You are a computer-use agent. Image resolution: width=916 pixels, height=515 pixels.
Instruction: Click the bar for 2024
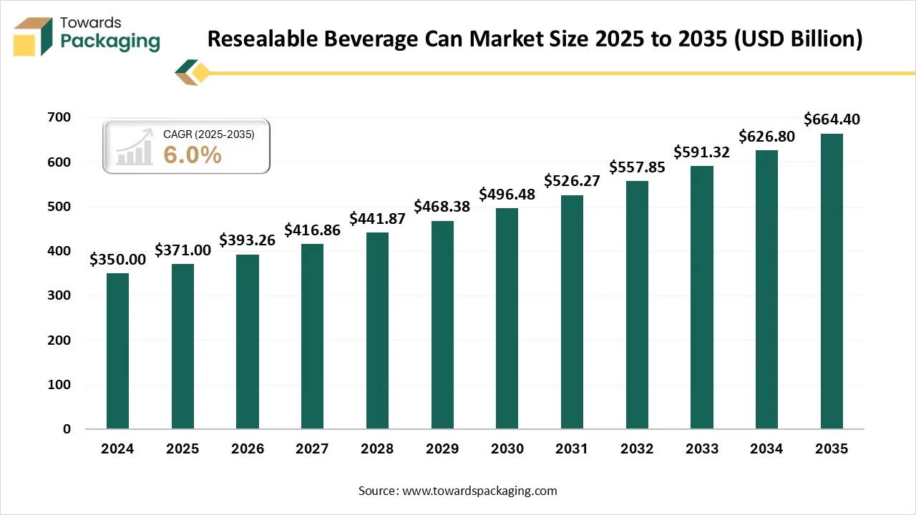click(x=117, y=351)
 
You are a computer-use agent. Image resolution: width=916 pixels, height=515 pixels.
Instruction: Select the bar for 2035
click(x=832, y=281)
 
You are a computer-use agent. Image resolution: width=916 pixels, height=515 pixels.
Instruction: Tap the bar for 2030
click(x=507, y=318)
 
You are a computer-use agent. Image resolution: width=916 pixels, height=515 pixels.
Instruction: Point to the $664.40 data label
click(x=832, y=119)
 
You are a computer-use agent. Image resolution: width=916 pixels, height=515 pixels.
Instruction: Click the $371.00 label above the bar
click(x=182, y=250)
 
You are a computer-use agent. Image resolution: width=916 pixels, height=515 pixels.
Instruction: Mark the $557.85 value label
click(x=637, y=167)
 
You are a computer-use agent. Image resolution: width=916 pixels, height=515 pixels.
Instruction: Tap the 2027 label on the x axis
click(x=312, y=449)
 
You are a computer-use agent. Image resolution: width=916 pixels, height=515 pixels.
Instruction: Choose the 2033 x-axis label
click(x=701, y=449)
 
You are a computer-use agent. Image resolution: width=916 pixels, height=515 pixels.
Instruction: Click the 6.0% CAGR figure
click(x=193, y=154)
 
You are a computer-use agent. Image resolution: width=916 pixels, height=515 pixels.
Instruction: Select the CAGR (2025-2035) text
click(x=208, y=134)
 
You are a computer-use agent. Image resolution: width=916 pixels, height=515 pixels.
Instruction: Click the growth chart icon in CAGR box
click(x=135, y=147)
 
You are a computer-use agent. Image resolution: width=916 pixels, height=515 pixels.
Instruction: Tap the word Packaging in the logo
click(x=110, y=41)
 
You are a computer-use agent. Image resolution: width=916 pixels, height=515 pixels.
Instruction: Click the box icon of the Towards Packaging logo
click(x=33, y=36)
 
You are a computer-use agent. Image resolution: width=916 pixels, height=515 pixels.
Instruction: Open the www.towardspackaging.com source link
click(x=479, y=491)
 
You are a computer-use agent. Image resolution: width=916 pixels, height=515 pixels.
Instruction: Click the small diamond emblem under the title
click(x=193, y=72)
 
